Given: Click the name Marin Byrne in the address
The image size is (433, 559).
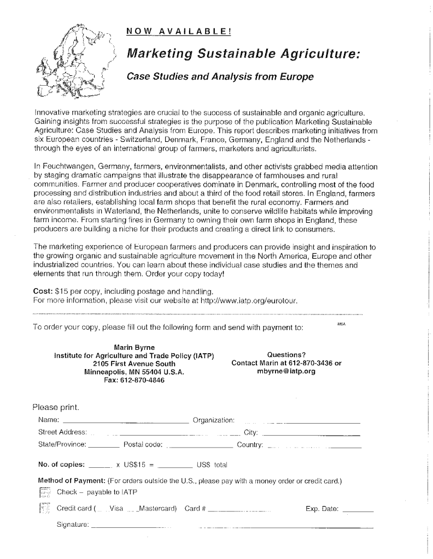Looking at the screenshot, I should [134, 347].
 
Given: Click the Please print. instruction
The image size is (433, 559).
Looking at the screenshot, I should [56, 407].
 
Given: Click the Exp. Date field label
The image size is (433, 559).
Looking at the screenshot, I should [322, 509].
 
